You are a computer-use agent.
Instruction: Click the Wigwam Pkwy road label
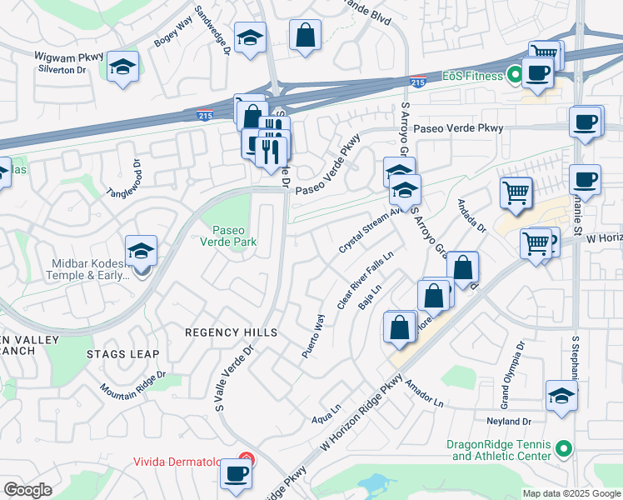[69, 57]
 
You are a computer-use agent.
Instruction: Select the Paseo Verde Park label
[233, 236]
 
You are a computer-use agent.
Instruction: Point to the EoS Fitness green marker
[515, 76]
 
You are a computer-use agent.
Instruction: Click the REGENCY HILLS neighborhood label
[231, 332]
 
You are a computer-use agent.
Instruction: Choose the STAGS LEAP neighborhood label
[122, 354]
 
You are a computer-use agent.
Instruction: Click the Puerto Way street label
[311, 335]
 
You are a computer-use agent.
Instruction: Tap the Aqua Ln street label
[326, 414]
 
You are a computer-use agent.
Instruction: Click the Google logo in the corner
[27, 490]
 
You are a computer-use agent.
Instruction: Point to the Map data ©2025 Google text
[571, 493]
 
